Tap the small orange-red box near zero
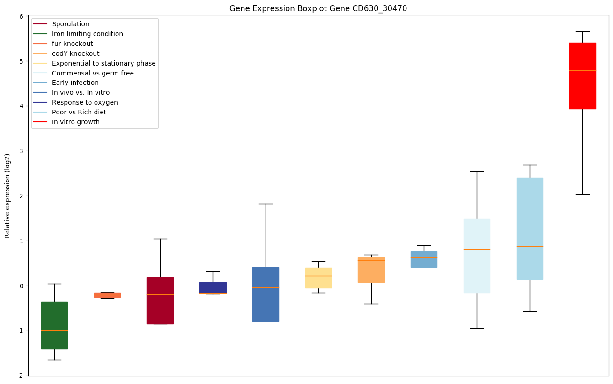coord(107,295)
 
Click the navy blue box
coord(213,287)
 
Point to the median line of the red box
coord(582,70)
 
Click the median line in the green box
coord(54,330)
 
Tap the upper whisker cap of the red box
coord(582,31)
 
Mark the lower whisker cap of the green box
coord(54,360)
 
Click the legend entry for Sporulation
coord(71,24)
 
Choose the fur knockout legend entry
coord(73,44)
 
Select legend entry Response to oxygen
coord(85,102)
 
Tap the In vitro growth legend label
coord(76,122)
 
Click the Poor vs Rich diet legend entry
coord(79,112)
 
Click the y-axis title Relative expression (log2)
coord(7,196)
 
